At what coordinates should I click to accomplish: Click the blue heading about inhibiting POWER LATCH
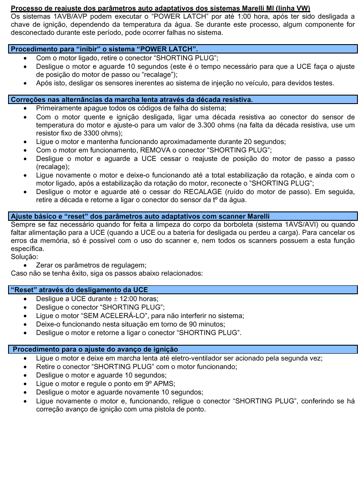tap(104, 49)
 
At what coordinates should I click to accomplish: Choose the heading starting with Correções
tap(132, 99)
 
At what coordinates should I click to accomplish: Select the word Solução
tap(24, 257)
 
